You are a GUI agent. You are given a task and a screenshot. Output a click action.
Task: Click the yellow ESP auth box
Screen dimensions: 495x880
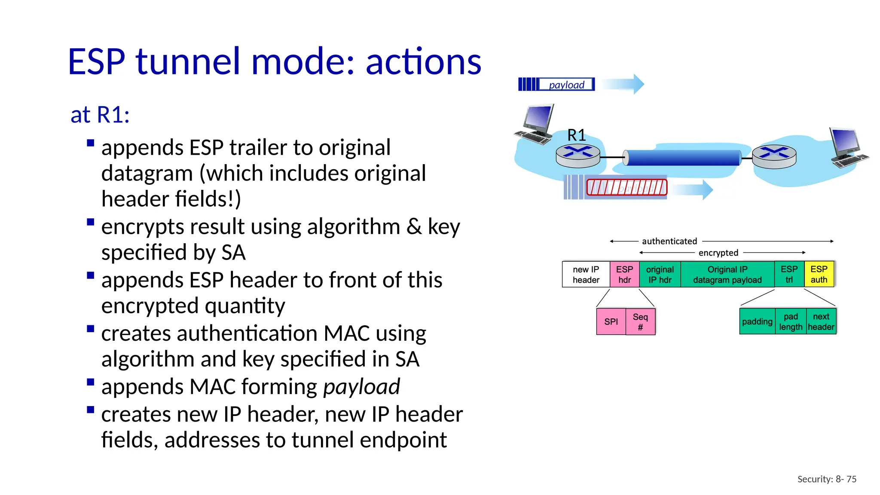tap(819, 274)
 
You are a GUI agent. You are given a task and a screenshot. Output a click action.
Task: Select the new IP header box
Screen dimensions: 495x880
tap(586, 275)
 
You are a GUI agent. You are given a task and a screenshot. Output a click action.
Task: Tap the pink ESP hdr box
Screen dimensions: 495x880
tap(624, 275)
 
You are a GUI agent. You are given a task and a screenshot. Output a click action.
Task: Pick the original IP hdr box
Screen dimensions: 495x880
tap(660, 275)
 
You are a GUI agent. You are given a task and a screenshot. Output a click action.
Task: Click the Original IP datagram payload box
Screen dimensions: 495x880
tap(727, 275)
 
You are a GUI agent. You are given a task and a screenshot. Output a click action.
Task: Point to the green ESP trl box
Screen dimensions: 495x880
tap(789, 274)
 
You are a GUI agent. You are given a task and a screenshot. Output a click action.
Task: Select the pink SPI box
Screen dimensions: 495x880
tap(611, 321)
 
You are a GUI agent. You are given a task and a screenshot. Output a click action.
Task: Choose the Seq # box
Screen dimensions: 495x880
tap(640, 321)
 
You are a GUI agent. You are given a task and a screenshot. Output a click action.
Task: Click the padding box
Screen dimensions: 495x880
tap(757, 321)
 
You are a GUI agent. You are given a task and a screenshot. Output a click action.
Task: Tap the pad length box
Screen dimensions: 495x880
tap(791, 321)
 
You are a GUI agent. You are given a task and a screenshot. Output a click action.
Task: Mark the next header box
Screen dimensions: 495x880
tap(821, 321)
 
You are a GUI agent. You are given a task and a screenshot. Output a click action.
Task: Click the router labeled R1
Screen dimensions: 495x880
tap(577, 156)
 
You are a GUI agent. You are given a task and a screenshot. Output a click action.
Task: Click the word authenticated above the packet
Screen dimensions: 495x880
tap(669, 241)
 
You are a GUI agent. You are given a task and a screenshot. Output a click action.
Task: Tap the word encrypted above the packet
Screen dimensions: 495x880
tap(718, 253)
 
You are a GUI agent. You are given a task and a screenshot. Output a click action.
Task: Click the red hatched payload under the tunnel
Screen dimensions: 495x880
tap(626, 187)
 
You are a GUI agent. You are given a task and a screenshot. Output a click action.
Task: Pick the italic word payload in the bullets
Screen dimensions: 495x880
tap(361, 386)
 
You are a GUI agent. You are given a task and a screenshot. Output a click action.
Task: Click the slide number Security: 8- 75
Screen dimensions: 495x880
tap(826, 479)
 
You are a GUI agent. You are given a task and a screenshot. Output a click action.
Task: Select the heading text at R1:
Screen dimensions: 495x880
tap(100, 115)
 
